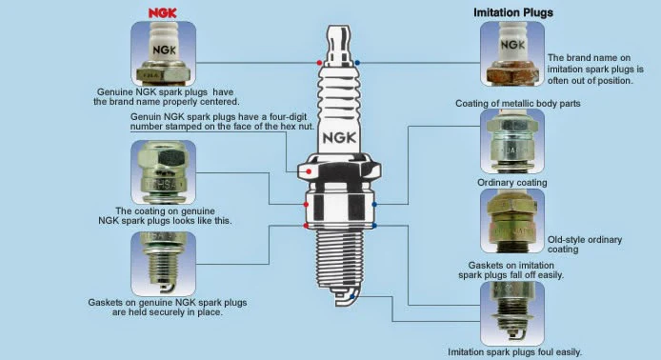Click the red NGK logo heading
click(162, 13)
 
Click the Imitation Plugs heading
click(513, 12)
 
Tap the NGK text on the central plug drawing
click(339, 137)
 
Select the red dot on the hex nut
click(309, 171)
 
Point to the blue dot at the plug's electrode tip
click(352, 297)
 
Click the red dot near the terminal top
click(319, 63)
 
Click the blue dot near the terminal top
click(357, 63)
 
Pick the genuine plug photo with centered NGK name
click(164, 53)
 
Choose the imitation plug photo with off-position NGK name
click(512, 53)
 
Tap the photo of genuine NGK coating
click(164, 172)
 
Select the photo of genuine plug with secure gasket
click(164, 264)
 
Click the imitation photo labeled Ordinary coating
click(512, 141)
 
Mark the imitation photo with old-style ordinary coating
click(512, 221)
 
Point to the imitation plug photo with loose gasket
click(512, 313)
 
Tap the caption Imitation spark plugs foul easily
click(514, 352)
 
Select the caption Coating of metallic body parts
click(518, 103)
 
